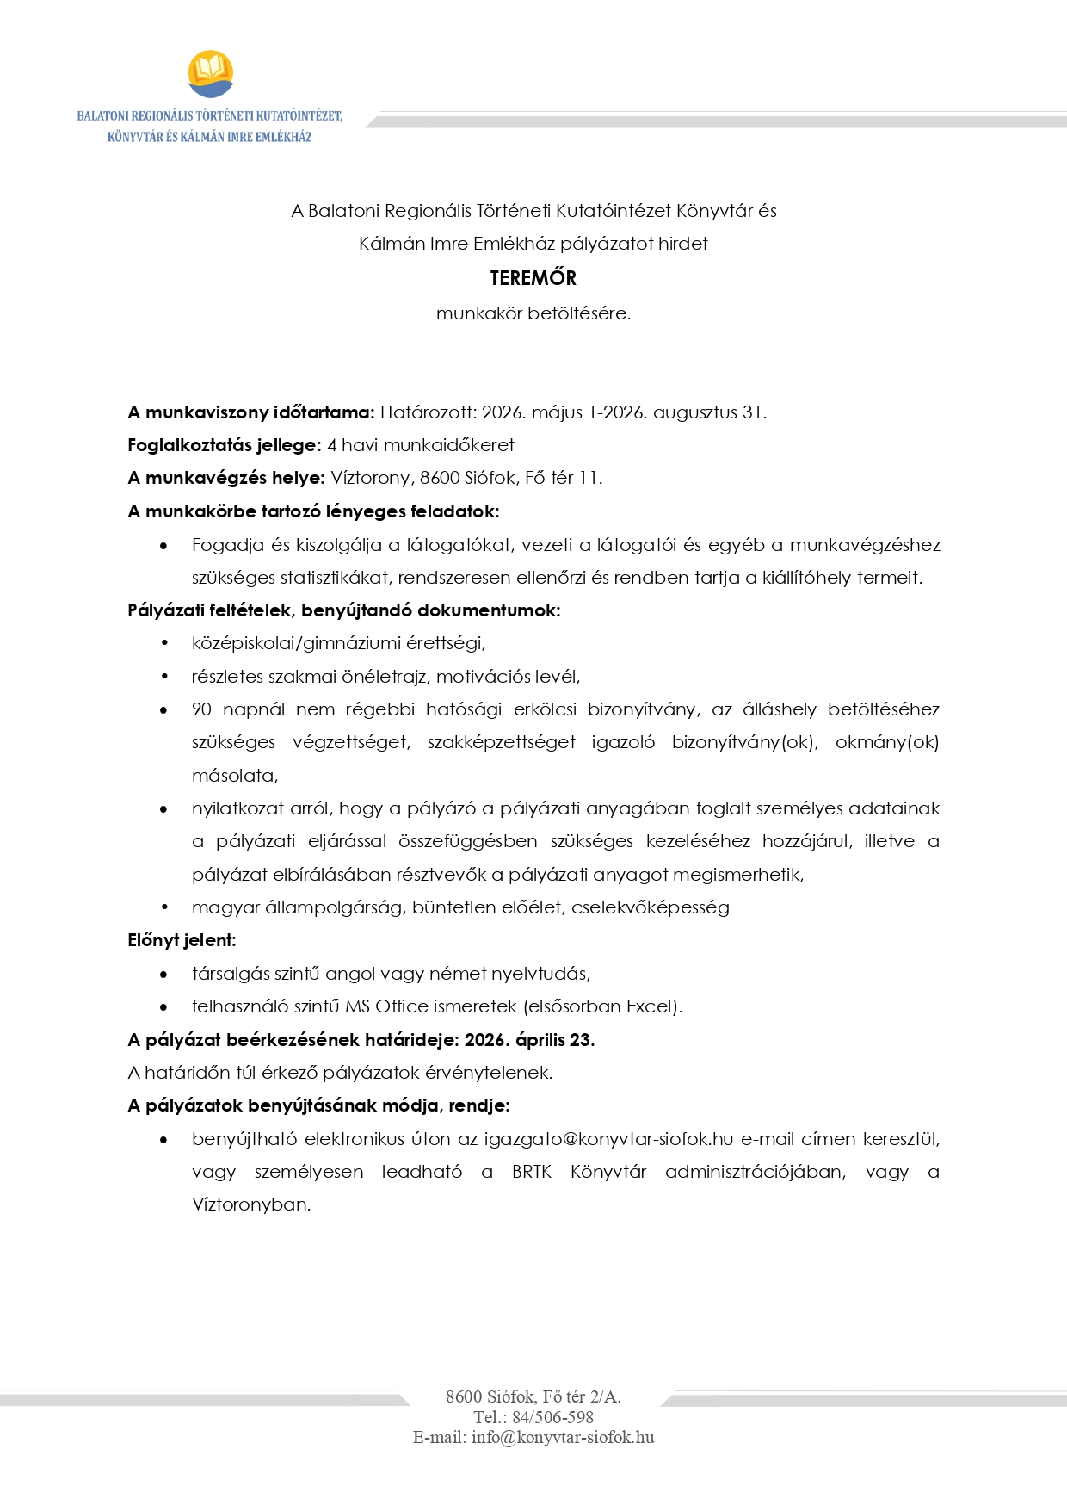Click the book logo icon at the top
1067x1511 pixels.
[x=210, y=74]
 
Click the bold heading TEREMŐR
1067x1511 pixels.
[x=533, y=278]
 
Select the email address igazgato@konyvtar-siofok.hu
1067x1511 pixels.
[x=608, y=1139]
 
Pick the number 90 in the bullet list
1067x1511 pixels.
[x=201, y=709]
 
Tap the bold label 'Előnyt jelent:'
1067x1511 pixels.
[x=182, y=940]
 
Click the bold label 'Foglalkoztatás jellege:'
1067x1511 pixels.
[x=225, y=445]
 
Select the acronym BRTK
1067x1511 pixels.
[x=531, y=1172]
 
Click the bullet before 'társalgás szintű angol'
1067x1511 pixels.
[x=163, y=974]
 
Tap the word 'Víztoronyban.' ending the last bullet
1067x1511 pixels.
[x=251, y=1204]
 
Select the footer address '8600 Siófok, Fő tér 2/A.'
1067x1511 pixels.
[x=533, y=1396]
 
